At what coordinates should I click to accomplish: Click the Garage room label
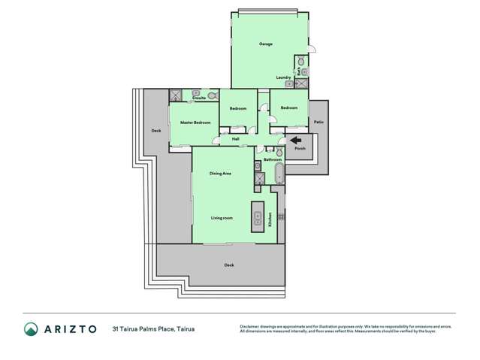click(x=266, y=44)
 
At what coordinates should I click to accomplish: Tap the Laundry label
click(x=283, y=77)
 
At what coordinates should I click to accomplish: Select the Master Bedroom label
click(x=195, y=122)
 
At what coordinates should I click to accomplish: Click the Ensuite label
click(x=199, y=98)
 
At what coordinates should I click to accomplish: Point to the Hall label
click(x=235, y=139)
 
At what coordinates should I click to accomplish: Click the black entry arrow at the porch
click(x=295, y=139)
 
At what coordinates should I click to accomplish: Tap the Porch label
click(x=300, y=148)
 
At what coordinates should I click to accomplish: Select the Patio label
click(x=318, y=122)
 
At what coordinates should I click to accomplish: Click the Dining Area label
click(x=220, y=174)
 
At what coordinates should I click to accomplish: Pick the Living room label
click(x=222, y=218)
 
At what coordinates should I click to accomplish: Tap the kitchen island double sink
click(x=258, y=213)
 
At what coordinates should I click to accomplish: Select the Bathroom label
click(x=273, y=159)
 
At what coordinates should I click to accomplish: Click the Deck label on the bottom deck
click(x=229, y=265)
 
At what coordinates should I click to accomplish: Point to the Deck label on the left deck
click(x=156, y=132)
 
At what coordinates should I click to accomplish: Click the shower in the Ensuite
click(x=176, y=95)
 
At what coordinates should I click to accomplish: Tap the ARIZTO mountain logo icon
click(x=31, y=328)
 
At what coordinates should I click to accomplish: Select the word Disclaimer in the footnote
click(x=249, y=326)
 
